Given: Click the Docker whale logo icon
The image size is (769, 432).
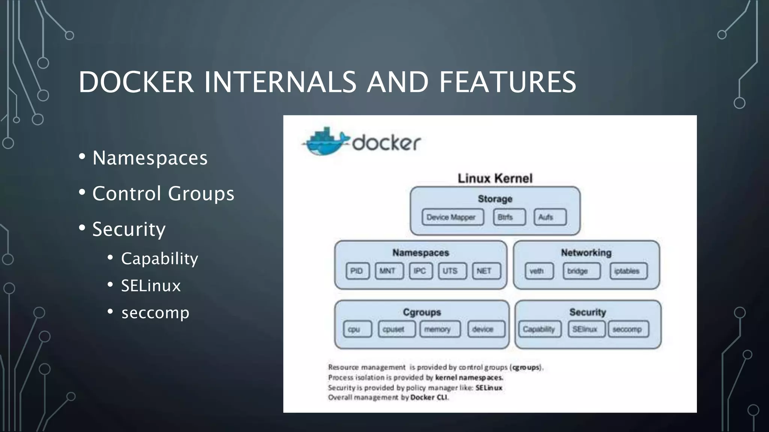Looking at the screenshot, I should (x=325, y=142).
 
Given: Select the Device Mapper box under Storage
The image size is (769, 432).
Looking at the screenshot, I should (x=452, y=217).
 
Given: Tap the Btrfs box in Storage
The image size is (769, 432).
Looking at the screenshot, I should (x=509, y=217).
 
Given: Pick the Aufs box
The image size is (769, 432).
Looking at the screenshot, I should (x=550, y=217).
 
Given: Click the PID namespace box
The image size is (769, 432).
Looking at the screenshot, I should (x=357, y=271).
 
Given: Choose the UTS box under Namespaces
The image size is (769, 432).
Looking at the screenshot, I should (x=452, y=271).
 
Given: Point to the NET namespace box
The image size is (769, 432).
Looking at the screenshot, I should (x=486, y=271).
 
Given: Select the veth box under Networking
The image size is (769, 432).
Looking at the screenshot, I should (x=539, y=271).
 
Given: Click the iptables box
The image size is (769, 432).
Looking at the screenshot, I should (x=628, y=271).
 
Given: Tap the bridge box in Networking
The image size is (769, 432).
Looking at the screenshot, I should (x=581, y=271).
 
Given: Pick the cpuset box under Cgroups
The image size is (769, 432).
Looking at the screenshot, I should (x=397, y=329).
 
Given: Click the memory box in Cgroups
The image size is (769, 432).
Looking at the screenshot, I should (x=440, y=329).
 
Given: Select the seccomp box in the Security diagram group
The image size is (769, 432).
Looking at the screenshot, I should (x=628, y=329).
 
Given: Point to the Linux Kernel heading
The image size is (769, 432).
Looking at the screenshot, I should (x=495, y=178).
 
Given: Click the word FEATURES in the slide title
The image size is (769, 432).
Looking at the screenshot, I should (x=507, y=82).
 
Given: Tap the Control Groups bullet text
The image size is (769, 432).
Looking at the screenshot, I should (x=163, y=193).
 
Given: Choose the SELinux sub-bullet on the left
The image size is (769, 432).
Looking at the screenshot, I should (x=151, y=286).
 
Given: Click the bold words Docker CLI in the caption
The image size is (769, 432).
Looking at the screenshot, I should (x=429, y=397).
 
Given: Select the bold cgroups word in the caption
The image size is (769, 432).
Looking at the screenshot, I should (x=526, y=367).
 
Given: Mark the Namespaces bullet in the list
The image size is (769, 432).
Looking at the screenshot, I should (x=150, y=158).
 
